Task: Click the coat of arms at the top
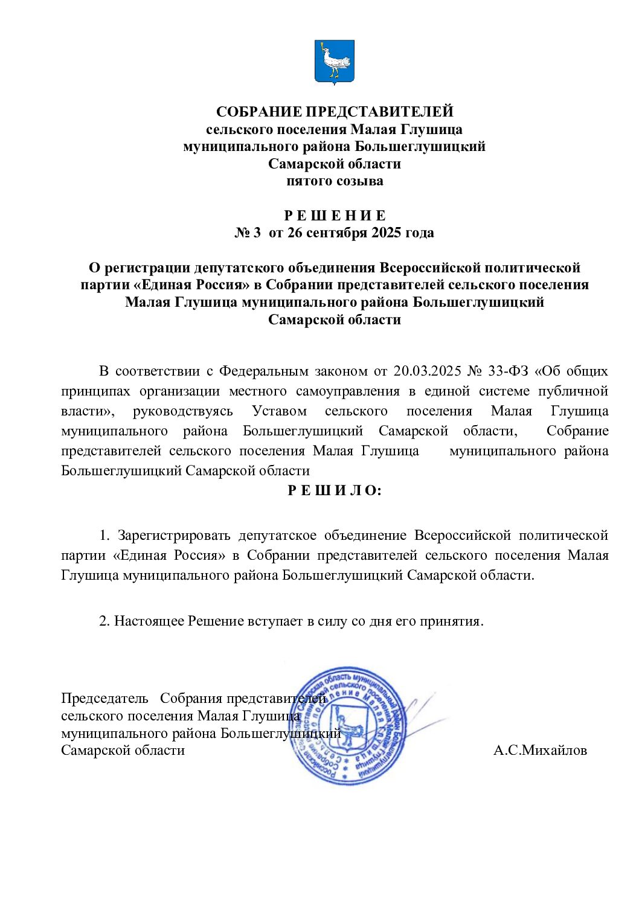tap(334, 62)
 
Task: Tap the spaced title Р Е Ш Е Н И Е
tap(334, 216)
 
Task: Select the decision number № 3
tap(248, 233)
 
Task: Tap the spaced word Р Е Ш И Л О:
tap(334, 490)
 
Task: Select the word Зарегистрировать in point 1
tap(174, 535)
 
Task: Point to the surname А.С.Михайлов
tap(540, 750)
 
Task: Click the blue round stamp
tap(348, 725)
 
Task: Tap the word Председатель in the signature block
tap(104, 699)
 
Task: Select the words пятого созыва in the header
tap(334, 181)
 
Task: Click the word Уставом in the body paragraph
tap(279, 411)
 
